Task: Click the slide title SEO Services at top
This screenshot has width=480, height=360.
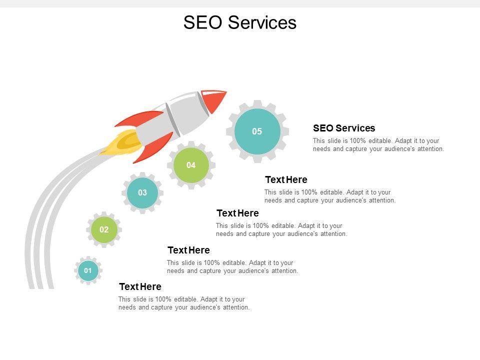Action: tap(240, 22)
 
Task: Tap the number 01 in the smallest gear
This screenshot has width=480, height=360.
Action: tap(88, 270)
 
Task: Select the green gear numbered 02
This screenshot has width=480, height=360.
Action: tap(104, 230)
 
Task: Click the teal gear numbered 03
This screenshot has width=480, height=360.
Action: tap(142, 192)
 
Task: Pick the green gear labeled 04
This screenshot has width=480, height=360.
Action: tap(191, 165)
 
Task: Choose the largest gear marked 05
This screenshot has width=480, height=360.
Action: tap(257, 131)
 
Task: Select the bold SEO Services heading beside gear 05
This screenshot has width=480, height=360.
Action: tap(344, 128)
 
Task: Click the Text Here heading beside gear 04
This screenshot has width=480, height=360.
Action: tap(286, 179)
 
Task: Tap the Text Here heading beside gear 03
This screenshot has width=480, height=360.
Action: tap(237, 213)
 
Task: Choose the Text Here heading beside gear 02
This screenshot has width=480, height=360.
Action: tap(188, 250)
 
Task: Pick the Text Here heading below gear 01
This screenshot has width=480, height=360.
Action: tap(140, 286)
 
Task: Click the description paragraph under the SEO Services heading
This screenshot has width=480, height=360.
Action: tap(378, 145)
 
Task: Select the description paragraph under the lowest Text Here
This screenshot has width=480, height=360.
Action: tap(184, 303)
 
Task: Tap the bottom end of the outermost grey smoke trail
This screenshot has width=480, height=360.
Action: tap(30, 286)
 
